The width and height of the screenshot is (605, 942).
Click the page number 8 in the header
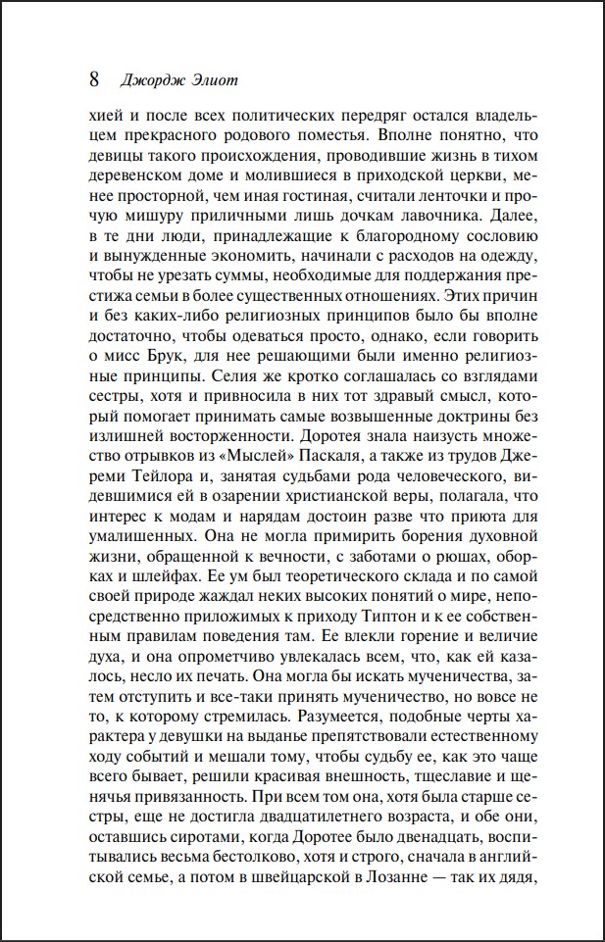[x=94, y=79]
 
